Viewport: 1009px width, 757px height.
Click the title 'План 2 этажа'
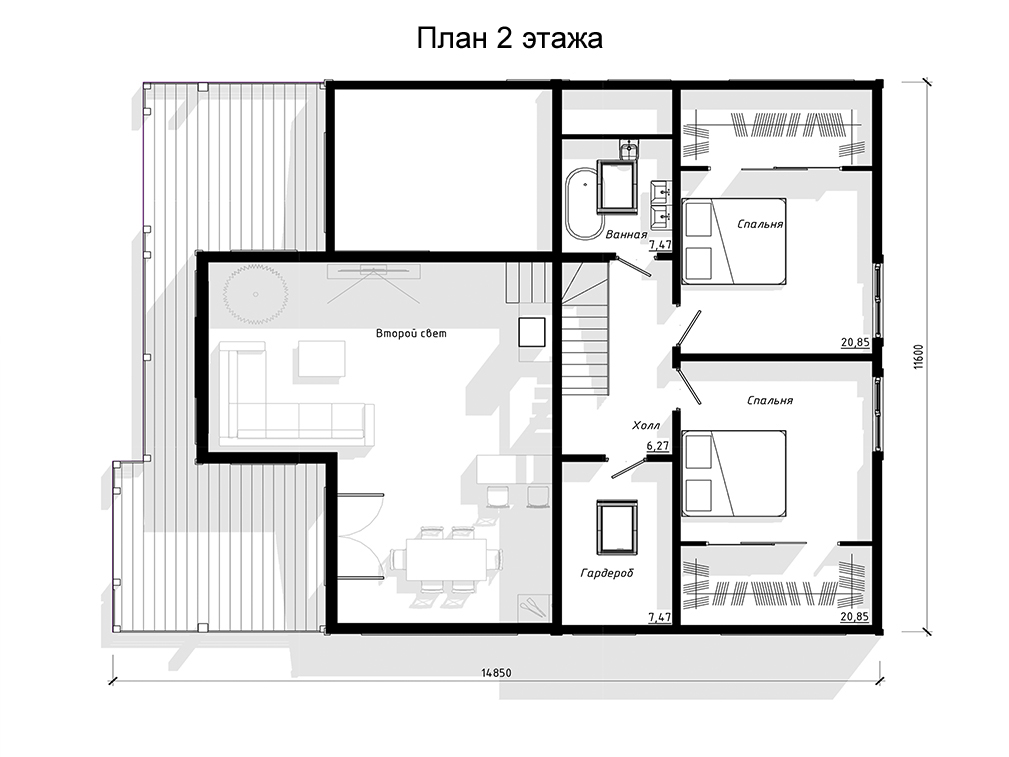point(509,39)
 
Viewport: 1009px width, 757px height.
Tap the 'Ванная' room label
point(625,235)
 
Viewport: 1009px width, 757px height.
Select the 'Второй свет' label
point(411,333)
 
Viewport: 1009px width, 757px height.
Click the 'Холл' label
point(645,425)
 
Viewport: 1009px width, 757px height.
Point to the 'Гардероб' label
point(607,572)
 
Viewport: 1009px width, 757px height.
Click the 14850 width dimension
point(496,673)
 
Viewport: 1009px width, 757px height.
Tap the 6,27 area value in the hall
point(658,445)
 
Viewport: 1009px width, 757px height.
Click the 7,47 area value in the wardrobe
point(660,617)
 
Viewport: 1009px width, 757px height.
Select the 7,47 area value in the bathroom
point(660,245)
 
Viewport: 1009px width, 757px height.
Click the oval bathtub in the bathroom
point(582,203)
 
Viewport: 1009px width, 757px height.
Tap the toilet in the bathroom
point(628,150)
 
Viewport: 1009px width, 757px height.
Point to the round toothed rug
point(255,294)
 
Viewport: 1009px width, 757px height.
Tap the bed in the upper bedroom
point(734,241)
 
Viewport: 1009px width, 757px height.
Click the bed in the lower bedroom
point(734,473)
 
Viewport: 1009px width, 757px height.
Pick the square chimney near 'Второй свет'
point(533,332)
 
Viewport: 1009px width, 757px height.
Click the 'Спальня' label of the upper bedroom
point(760,224)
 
